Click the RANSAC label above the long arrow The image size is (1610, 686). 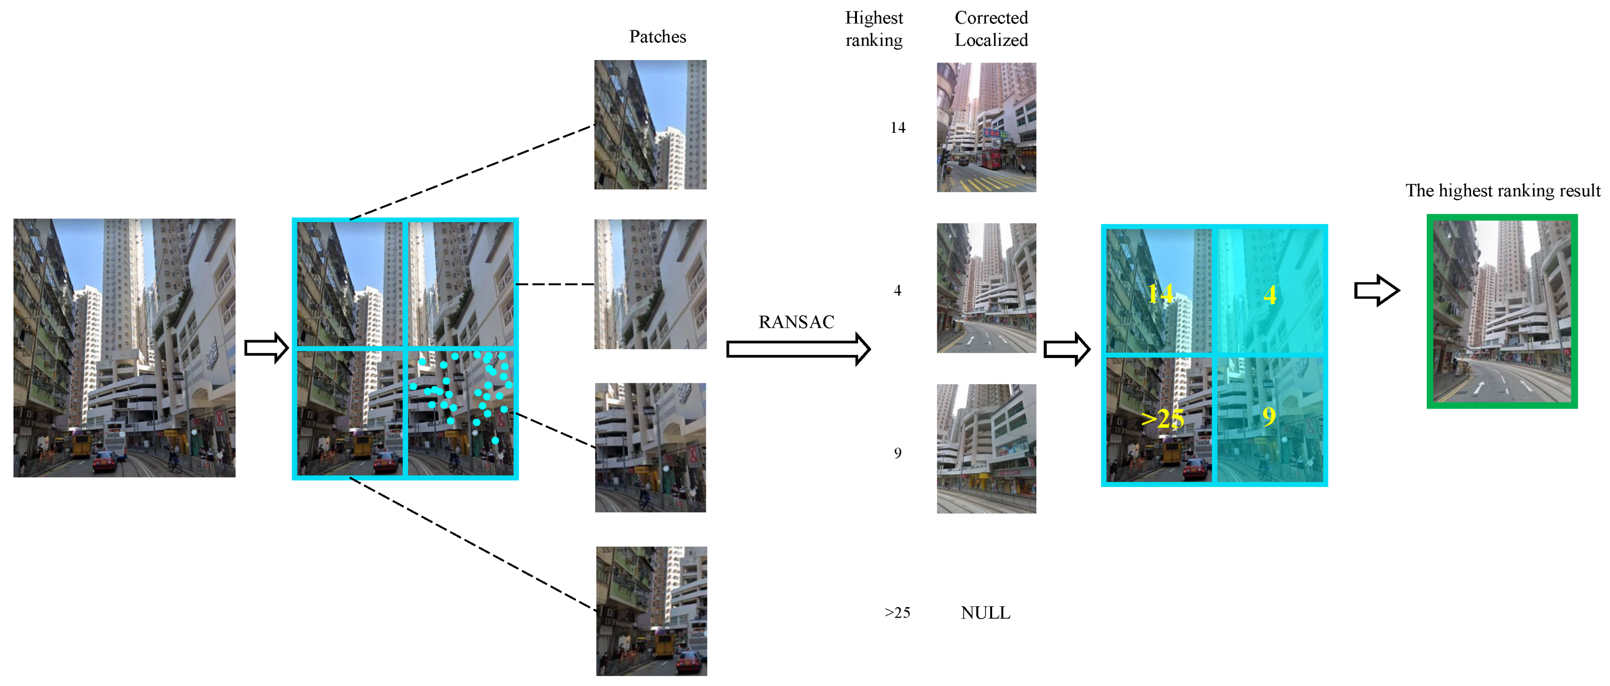796,322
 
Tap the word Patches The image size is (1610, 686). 657,37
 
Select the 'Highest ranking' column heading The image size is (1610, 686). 874,29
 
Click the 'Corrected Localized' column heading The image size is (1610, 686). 991,29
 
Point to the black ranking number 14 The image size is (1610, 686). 897,128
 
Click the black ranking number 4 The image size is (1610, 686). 897,291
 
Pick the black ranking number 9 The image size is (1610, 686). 897,454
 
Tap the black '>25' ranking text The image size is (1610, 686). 897,613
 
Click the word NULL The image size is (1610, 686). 985,613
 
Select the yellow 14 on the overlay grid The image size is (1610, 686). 1160,293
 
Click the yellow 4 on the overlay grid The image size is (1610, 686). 1269,295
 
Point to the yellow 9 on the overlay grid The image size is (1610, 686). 1268,416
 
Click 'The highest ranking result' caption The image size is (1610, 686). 1503,191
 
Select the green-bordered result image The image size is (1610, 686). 1502,311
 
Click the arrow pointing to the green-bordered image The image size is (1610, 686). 1376,291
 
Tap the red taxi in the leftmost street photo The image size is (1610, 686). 105,463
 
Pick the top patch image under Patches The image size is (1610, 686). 650,125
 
